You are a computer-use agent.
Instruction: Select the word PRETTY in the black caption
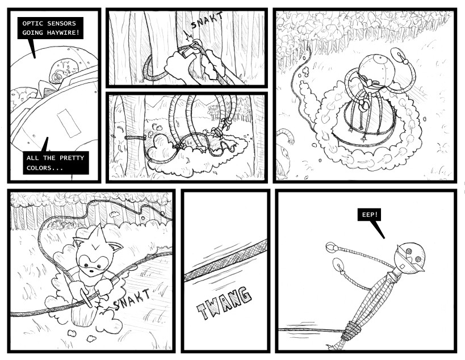coord(72,158)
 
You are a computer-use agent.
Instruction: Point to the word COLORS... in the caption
coord(45,168)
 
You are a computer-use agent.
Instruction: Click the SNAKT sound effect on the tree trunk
coord(207,20)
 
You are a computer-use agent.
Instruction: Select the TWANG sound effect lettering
coord(224,303)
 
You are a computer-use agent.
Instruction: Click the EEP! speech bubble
coord(369,215)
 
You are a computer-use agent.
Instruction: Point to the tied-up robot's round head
coord(410,257)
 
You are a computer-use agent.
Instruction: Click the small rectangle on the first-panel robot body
coord(69,123)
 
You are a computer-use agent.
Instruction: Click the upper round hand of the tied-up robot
coord(330,247)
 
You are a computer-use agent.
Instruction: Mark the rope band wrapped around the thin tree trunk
coord(135,137)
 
